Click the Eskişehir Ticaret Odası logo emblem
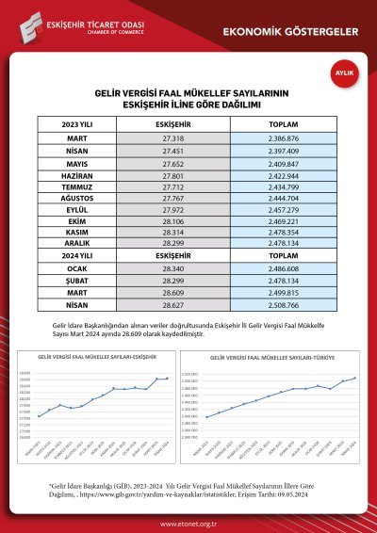(28, 24)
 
